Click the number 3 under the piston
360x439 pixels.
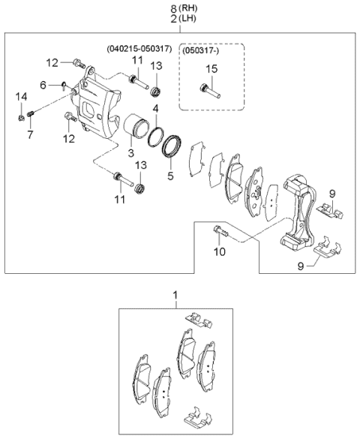coord(130,153)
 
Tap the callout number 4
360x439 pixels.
coord(155,110)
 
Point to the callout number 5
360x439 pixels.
coord(170,177)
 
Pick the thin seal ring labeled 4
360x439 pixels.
coord(156,136)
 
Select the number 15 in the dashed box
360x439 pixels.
coord(211,71)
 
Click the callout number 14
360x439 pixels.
coord(21,96)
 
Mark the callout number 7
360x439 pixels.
coord(31,134)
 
